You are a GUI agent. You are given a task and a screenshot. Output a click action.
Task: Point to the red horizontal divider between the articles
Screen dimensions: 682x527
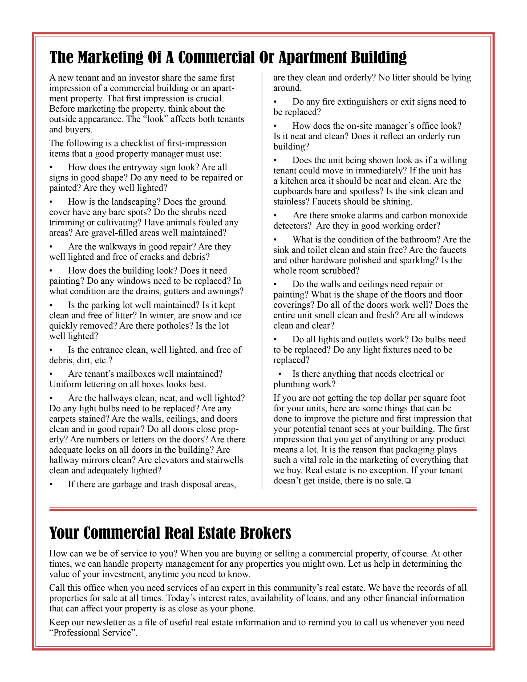click(263, 509)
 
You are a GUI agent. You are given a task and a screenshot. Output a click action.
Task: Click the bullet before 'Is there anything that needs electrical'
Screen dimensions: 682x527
click(280, 374)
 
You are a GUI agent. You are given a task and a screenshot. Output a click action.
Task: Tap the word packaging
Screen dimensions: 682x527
click(416, 450)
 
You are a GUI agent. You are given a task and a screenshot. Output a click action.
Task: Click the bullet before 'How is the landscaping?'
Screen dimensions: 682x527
click(51, 202)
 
